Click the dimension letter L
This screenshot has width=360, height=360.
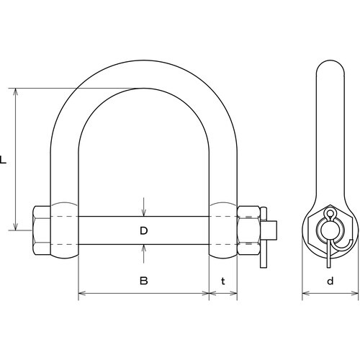pyautogui.click(x=3, y=160)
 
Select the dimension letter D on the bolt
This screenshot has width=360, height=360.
pyautogui.click(x=144, y=230)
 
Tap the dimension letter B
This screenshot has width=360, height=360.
pyautogui.click(x=144, y=281)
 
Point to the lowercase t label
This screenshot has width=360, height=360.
pyautogui.click(x=223, y=281)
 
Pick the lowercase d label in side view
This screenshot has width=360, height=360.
pyautogui.click(x=330, y=281)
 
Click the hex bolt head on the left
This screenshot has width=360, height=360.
pyautogui.click(x=41, y=230)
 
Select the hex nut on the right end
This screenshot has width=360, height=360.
pyautogui.click(x=248, y=230)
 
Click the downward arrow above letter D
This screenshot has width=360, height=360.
pyautogui.click(x=143, y=207)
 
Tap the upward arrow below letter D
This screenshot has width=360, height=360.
pyautogui.click(x=143, y=254)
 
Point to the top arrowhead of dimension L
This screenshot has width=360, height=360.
pyautogui.click(x=16, y=92)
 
